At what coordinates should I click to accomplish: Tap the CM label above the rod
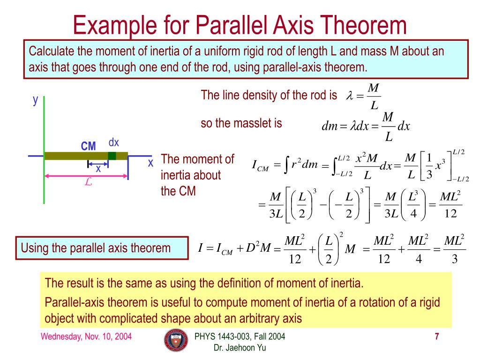tap(88, 146)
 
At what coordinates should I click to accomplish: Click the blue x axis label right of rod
tap(150, 163)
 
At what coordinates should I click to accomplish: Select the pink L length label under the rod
tap(88, 183)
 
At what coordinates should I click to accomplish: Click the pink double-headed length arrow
tap(86, 176)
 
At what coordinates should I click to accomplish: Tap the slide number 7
tap(436, 337)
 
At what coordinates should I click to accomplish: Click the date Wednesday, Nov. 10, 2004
tap(86, 337)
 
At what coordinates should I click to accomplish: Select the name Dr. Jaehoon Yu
tap(240, 347)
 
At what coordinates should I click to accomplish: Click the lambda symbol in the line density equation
tap(349, 96)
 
